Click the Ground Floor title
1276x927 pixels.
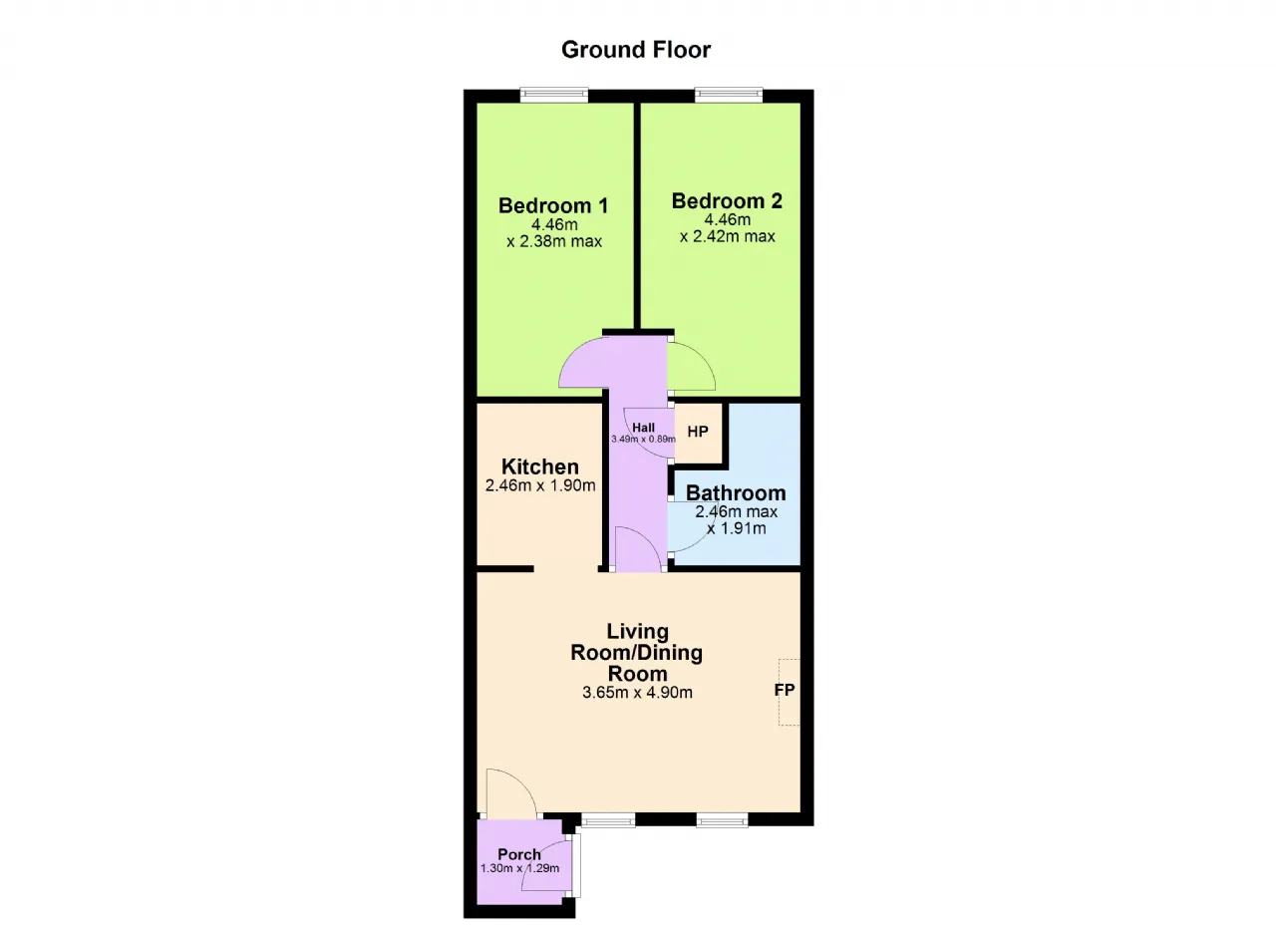[636, 50]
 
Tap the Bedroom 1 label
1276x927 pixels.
[553, 205]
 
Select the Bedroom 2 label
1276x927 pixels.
[727, 200]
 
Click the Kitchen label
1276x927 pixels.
[540, 466]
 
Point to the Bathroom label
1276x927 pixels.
[736, 492]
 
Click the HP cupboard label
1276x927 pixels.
[698, 432]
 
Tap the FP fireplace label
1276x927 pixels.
[785, 690]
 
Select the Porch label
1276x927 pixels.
[519, 854]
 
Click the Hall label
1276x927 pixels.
[644, 427]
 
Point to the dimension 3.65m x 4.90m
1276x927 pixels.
[637, 693]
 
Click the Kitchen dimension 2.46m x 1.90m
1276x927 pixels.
[540, 485]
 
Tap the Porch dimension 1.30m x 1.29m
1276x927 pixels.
[519, 868]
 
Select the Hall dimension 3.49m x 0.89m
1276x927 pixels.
[644, 439]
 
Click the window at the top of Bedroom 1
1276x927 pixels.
[554, 95]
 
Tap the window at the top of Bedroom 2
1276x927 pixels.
[729, 95]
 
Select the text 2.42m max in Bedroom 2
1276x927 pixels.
[734, 236]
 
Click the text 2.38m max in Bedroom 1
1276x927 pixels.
[560, 241]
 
